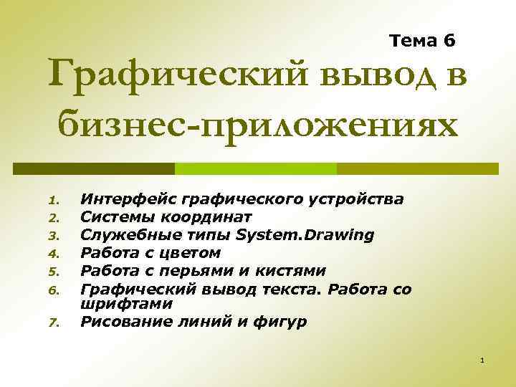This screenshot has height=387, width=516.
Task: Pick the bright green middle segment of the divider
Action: point(256,168)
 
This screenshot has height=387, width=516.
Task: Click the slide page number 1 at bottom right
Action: point(483,358)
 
